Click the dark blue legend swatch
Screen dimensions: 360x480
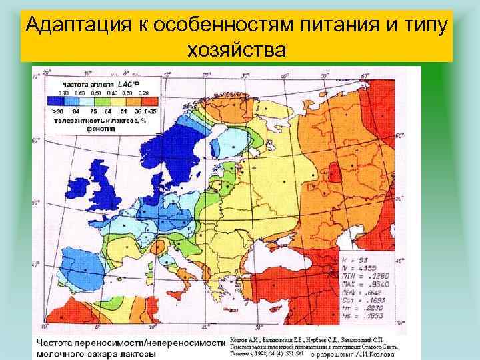pos(59,101)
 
